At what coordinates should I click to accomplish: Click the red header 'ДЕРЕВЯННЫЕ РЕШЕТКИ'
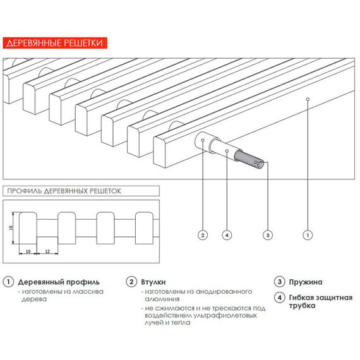55,43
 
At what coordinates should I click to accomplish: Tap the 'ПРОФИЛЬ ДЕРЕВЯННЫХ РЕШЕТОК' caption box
81,191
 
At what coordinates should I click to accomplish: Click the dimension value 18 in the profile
11,228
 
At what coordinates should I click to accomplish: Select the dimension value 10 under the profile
28,251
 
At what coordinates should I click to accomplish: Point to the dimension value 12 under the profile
47,251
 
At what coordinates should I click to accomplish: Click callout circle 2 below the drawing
203,235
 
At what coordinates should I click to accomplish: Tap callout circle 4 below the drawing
227,235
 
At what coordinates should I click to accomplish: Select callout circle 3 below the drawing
268,235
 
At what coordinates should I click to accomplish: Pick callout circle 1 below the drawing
308,235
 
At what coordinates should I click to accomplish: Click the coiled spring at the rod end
249,160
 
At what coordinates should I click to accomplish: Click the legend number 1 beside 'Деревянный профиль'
8,282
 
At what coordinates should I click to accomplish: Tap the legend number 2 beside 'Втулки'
131,282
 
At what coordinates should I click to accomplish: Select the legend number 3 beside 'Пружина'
279,282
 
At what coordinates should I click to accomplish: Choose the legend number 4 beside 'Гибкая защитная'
279,297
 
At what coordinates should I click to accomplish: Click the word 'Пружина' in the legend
306,282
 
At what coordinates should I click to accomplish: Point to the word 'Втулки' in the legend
153,282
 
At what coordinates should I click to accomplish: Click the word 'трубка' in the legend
302,306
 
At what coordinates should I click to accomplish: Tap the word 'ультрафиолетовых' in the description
225,315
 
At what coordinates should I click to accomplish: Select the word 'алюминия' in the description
162,299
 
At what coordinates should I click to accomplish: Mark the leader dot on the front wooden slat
308,99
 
